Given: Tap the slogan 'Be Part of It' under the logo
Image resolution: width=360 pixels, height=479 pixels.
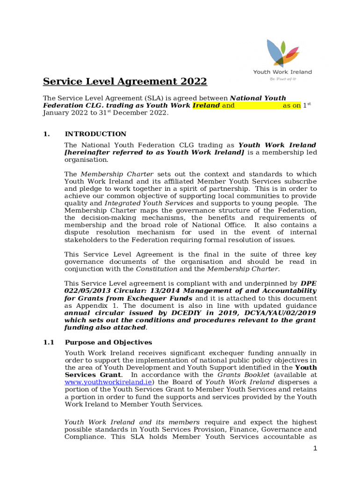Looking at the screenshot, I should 282,79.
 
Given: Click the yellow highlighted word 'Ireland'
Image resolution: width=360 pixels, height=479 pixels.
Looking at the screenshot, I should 206,106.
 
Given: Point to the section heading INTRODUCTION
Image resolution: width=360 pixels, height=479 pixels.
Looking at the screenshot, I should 95,134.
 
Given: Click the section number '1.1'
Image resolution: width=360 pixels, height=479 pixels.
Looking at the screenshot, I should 49,342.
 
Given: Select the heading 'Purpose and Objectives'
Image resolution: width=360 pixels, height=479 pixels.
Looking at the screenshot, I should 108,342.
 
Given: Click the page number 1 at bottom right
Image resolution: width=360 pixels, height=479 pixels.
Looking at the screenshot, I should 316,449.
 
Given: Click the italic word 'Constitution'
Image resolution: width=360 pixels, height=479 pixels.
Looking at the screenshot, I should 156,269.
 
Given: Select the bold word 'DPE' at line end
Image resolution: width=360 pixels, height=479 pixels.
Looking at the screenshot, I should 308,283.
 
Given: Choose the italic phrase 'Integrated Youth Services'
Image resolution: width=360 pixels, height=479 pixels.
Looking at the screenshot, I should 149,203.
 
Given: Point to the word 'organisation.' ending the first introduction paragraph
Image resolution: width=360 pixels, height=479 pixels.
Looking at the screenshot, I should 86,160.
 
